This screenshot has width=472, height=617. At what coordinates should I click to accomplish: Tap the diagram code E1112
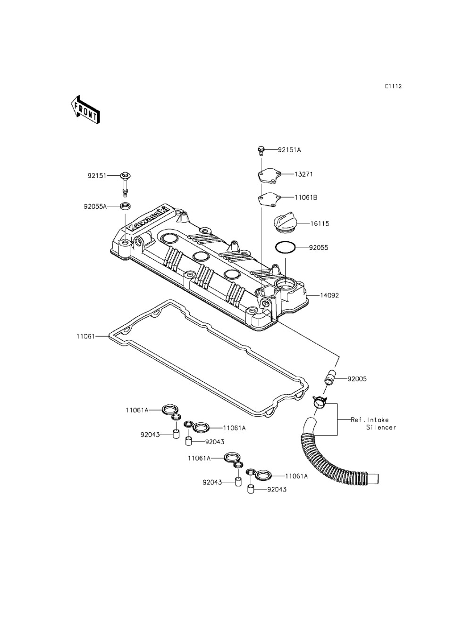(393, 86)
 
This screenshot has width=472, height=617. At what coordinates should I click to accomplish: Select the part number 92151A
(289, 150)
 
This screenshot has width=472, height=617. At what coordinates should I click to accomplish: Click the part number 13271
(304, 174)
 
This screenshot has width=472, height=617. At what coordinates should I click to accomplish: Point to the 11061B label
(306, 197)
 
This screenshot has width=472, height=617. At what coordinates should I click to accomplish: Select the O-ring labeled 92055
(285, 247)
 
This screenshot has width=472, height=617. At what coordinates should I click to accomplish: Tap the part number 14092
(329, 296)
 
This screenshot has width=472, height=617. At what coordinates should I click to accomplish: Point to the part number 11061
(85, 337)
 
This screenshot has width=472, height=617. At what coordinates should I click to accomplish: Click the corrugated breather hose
(330, 453)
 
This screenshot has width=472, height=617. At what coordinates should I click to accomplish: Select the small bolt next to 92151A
(260, 150)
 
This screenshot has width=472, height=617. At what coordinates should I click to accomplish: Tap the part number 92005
(357, 378)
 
